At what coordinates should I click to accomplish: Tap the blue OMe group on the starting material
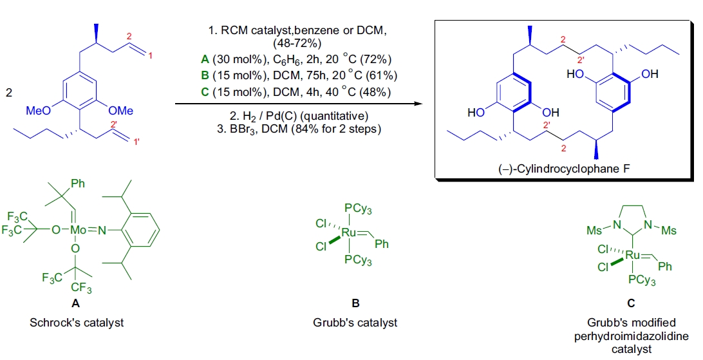point(120,110)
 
